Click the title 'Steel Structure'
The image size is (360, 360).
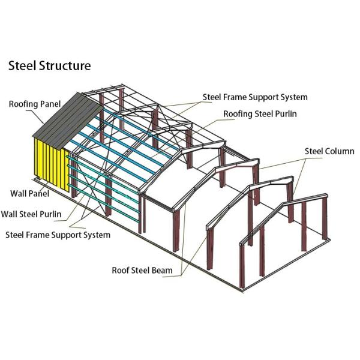[49, 65]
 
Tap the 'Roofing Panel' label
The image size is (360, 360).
[35, 104]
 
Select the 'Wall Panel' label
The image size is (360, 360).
[30, 193]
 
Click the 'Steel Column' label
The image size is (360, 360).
[329, 151]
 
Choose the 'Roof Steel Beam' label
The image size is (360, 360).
[142, 270]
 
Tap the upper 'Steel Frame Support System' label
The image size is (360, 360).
[255, 97]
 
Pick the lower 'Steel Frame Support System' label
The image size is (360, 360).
[58, 234]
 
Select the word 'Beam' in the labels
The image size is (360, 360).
[163, 270]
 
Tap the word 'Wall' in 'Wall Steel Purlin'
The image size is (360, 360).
[10, 213]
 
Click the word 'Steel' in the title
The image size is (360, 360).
[22, 65]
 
